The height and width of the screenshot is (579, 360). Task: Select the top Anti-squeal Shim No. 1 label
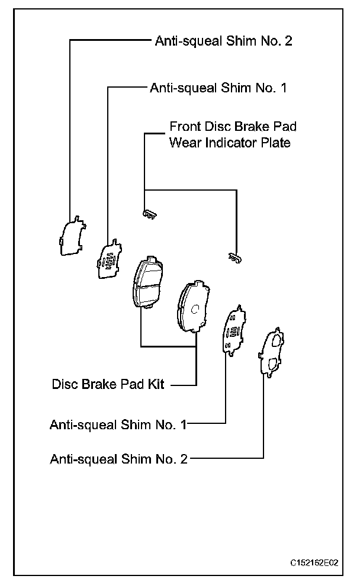(x=218, y=88)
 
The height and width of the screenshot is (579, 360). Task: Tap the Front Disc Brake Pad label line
(x=233, y=127)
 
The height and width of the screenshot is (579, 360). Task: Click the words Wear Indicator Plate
(x=230, y=143)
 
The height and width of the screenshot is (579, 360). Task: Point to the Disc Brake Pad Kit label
(x=108, y=384)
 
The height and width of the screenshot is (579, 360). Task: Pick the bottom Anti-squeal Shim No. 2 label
(x=118, y=458)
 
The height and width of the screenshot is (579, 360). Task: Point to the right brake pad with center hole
(x=192, y=305)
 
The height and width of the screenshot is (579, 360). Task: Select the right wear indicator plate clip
(x=235, y=257)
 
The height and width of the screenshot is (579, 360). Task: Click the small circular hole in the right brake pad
(x=195, y=308)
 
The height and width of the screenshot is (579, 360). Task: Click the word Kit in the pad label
(x=156, y=384)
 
